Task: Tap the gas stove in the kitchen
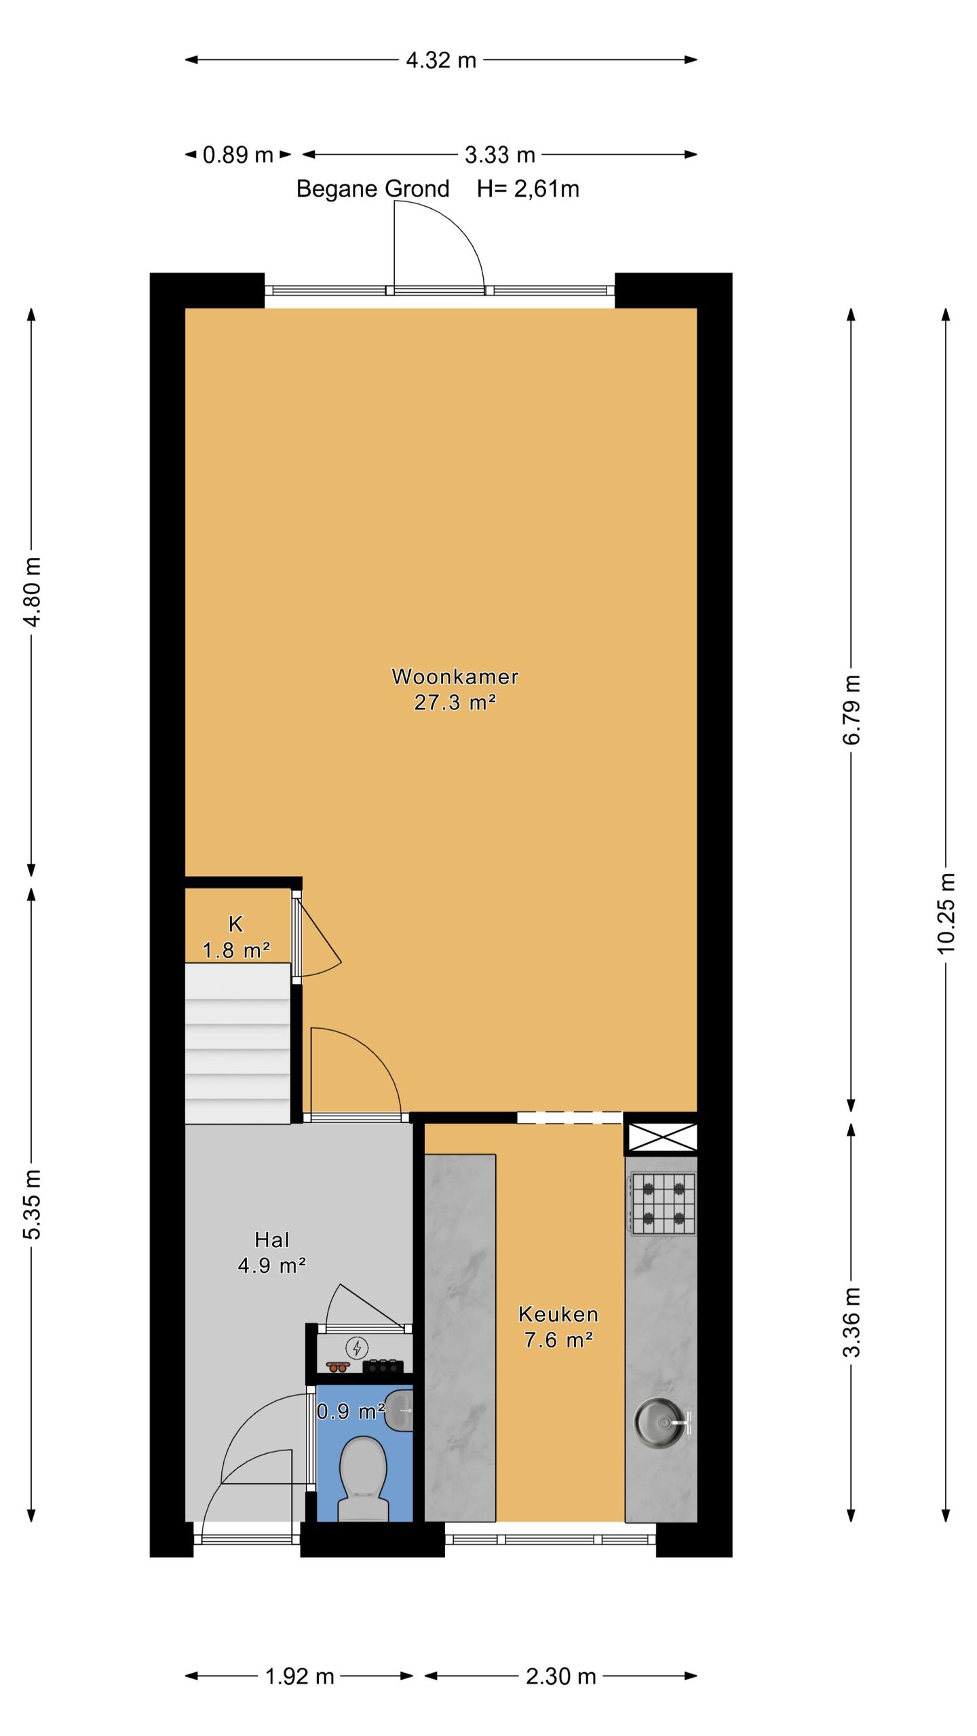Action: click(662, 1204)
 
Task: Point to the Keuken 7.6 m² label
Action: click(558, 1327)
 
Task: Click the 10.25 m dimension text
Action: click(946, 912)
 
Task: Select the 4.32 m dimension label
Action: click(441, 60)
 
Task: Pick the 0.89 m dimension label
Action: click(238, 155)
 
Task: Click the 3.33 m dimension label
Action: click(500, 155)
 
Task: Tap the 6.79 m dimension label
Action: click(851, 709)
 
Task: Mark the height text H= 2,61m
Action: click(528, 189)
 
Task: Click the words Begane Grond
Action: click(372, 189)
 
